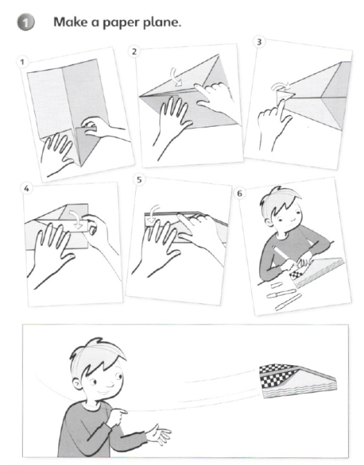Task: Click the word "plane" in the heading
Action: coord(162,23)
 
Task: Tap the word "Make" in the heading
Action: coord(70,22)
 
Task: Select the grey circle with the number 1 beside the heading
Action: coord(26,23)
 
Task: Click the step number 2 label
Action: coord(134,52)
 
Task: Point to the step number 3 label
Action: coord(259,42)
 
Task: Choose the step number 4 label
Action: coord(27,189)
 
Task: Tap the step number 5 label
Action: coord(139,180)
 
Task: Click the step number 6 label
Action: coord(239,194)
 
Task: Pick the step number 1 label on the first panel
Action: coord(21,62)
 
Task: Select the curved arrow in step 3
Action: coord(280,87)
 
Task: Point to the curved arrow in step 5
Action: coord(152,214)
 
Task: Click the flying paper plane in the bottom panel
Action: coord(298,380)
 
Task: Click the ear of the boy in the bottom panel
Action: coord(77,385)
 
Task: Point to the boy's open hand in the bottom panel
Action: coord(159,434)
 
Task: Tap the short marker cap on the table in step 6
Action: coord(276,285)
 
